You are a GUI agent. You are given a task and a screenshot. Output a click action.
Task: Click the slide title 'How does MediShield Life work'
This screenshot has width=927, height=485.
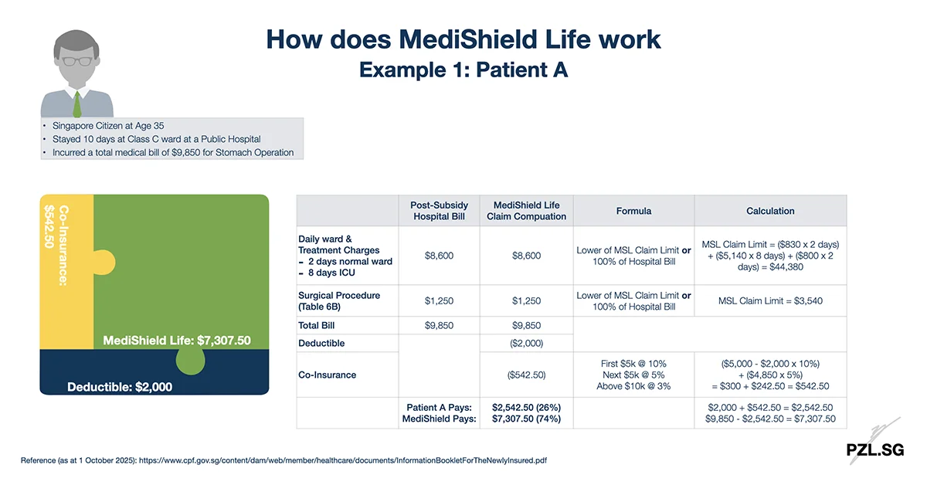[x=463, y=39]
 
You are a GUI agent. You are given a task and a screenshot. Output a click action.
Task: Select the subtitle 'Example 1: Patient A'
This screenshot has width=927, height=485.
[x=463, y=70]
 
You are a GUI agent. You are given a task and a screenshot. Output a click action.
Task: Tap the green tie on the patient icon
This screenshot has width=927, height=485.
[x=77, y=103]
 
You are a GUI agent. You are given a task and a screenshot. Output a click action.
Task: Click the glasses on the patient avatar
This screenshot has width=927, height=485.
[x=77, y=61]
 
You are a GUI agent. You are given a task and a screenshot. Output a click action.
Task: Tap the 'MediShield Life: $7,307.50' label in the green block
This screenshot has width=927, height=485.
[x=177, y=340]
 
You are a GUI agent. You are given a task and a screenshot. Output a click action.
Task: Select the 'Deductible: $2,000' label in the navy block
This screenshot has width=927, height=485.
[x=120, y=386]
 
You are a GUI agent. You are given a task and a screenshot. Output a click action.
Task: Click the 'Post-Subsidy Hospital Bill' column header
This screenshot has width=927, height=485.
[x=439, y=211]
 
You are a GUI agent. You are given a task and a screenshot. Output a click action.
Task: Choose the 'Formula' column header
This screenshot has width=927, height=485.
[x=633, y=211]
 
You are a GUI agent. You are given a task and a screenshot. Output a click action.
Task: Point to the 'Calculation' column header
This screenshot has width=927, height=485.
[x=770, y=211]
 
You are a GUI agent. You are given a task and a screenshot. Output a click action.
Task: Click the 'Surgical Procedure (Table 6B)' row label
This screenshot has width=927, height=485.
[x=339, y=300]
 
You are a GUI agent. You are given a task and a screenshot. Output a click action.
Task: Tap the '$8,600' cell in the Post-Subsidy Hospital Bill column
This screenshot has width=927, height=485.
[x=439, y=256]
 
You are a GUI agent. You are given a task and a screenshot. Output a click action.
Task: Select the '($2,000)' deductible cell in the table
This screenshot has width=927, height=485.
[x=526, y=343]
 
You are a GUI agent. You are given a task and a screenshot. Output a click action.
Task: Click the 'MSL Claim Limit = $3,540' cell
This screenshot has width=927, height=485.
[x=770, y=300]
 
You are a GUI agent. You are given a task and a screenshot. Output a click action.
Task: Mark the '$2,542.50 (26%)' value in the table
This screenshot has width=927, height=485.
[x=526, y=407]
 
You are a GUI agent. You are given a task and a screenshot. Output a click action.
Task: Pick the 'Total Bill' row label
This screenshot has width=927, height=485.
[x=318, y=326]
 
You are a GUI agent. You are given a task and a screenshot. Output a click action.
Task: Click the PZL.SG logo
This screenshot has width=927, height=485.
[x=873, y=449]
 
